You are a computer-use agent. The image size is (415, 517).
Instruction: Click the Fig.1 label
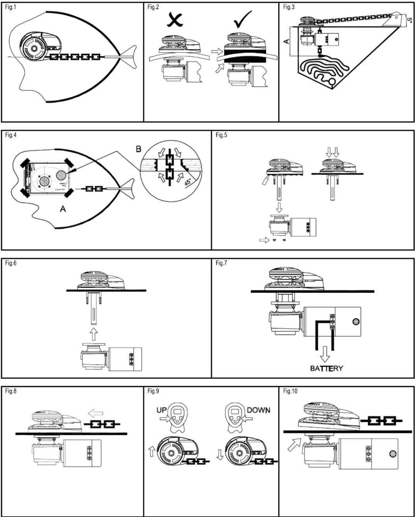(x=11, y=7)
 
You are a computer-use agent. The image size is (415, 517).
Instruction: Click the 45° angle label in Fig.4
(x=188, y=182)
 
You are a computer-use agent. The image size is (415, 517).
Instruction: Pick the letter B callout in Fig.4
(x=138, y=149)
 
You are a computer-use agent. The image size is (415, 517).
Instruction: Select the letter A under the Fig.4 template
(x=63, y=209)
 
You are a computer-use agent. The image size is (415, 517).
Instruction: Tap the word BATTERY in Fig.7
(x=326, y=368)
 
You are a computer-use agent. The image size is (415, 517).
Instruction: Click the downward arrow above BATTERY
(x=325, y=354)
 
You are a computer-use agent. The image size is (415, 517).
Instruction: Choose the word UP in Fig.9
(x=162, y=410)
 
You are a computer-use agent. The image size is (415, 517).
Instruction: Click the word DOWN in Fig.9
(x=258, y=410)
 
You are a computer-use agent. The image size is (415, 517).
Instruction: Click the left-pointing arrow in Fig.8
(x=95, y=414)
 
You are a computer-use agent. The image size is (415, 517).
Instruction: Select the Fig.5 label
(x=221, y=135)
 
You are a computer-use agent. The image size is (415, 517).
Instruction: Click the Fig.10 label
(x=290, y=391)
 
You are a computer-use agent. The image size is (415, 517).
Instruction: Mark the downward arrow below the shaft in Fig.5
(x=279, y=207)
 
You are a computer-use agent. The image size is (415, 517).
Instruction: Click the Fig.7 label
(x=221, y=263)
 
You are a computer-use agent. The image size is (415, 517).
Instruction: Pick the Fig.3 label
(x=289, y=7)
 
